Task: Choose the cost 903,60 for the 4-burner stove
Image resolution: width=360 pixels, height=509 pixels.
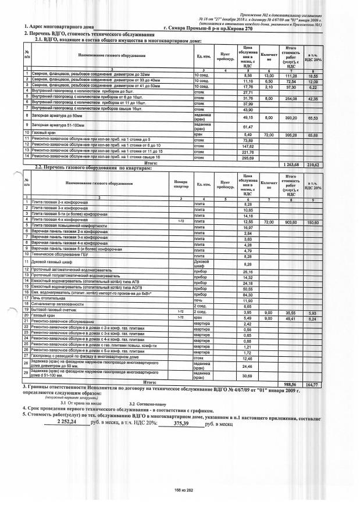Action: point(288,222)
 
